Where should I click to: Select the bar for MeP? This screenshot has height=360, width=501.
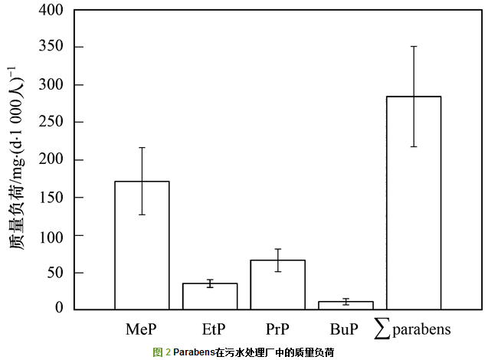coord(142,245)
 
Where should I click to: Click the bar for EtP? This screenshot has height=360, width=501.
coord(210,296)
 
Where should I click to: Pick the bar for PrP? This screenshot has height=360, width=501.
coord(278,284)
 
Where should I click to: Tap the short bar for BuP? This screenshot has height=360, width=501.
coord(345,305)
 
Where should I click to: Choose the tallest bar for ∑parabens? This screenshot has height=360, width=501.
coord(414,203)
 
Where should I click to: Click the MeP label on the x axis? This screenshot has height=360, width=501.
coord(142,329)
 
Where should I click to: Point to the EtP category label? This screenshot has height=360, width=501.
coord(214,329)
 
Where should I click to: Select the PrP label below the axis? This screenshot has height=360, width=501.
coord(278,329)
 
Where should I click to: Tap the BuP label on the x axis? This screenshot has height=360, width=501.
coord(343,329)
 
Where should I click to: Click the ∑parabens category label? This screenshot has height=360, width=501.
coord(414,329)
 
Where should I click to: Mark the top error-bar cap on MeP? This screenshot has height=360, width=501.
coord(142,147)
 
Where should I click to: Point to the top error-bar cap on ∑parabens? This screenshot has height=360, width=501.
coord(414,46)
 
